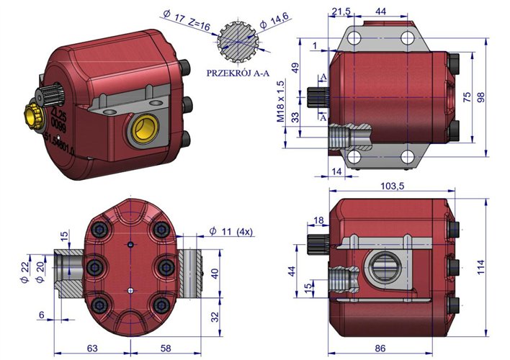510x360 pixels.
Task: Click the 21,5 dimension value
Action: [x=338, y=12]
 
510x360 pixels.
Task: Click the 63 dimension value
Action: [x=92, y=348]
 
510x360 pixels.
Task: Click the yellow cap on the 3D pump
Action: [x=33, y=114]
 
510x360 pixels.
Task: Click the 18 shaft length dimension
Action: [x=318, y=220]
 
